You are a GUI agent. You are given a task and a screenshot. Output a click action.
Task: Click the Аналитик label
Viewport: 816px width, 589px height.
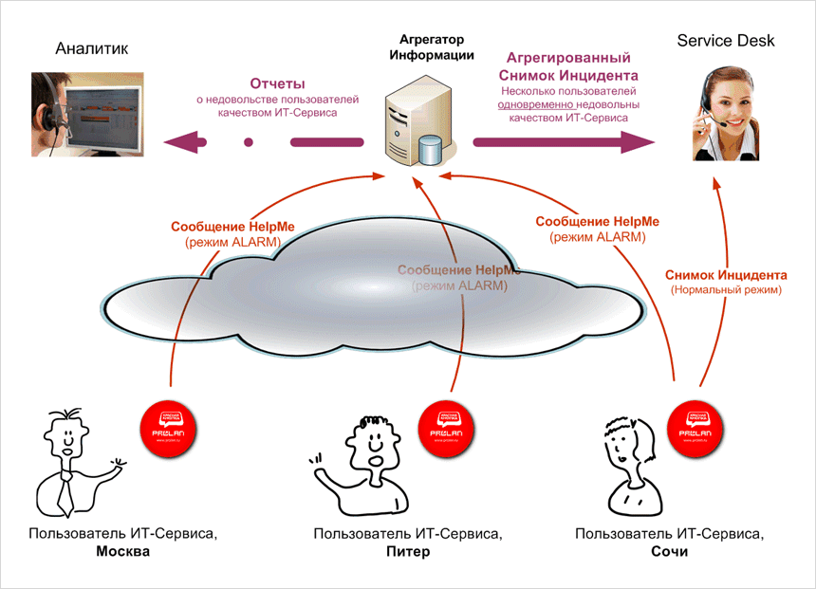point(91,49)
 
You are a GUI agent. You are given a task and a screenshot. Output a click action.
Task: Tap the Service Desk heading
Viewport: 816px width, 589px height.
point(726,41)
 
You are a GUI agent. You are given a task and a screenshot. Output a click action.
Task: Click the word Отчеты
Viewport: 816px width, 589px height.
point(278,83)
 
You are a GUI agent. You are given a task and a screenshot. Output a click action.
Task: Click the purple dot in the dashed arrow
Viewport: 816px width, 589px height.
point(248,142)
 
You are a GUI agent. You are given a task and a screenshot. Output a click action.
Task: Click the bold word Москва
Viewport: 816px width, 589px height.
point(123,552)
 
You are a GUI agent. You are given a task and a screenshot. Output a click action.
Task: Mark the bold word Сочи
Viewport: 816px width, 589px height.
point(670,552)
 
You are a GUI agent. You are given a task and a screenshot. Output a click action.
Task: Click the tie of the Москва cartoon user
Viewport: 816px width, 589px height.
point(65,494)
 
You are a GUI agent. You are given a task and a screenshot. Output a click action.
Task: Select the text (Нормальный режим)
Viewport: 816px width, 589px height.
point(725,290)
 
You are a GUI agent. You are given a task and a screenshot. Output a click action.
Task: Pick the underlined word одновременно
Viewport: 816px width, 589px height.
point(537,104)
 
